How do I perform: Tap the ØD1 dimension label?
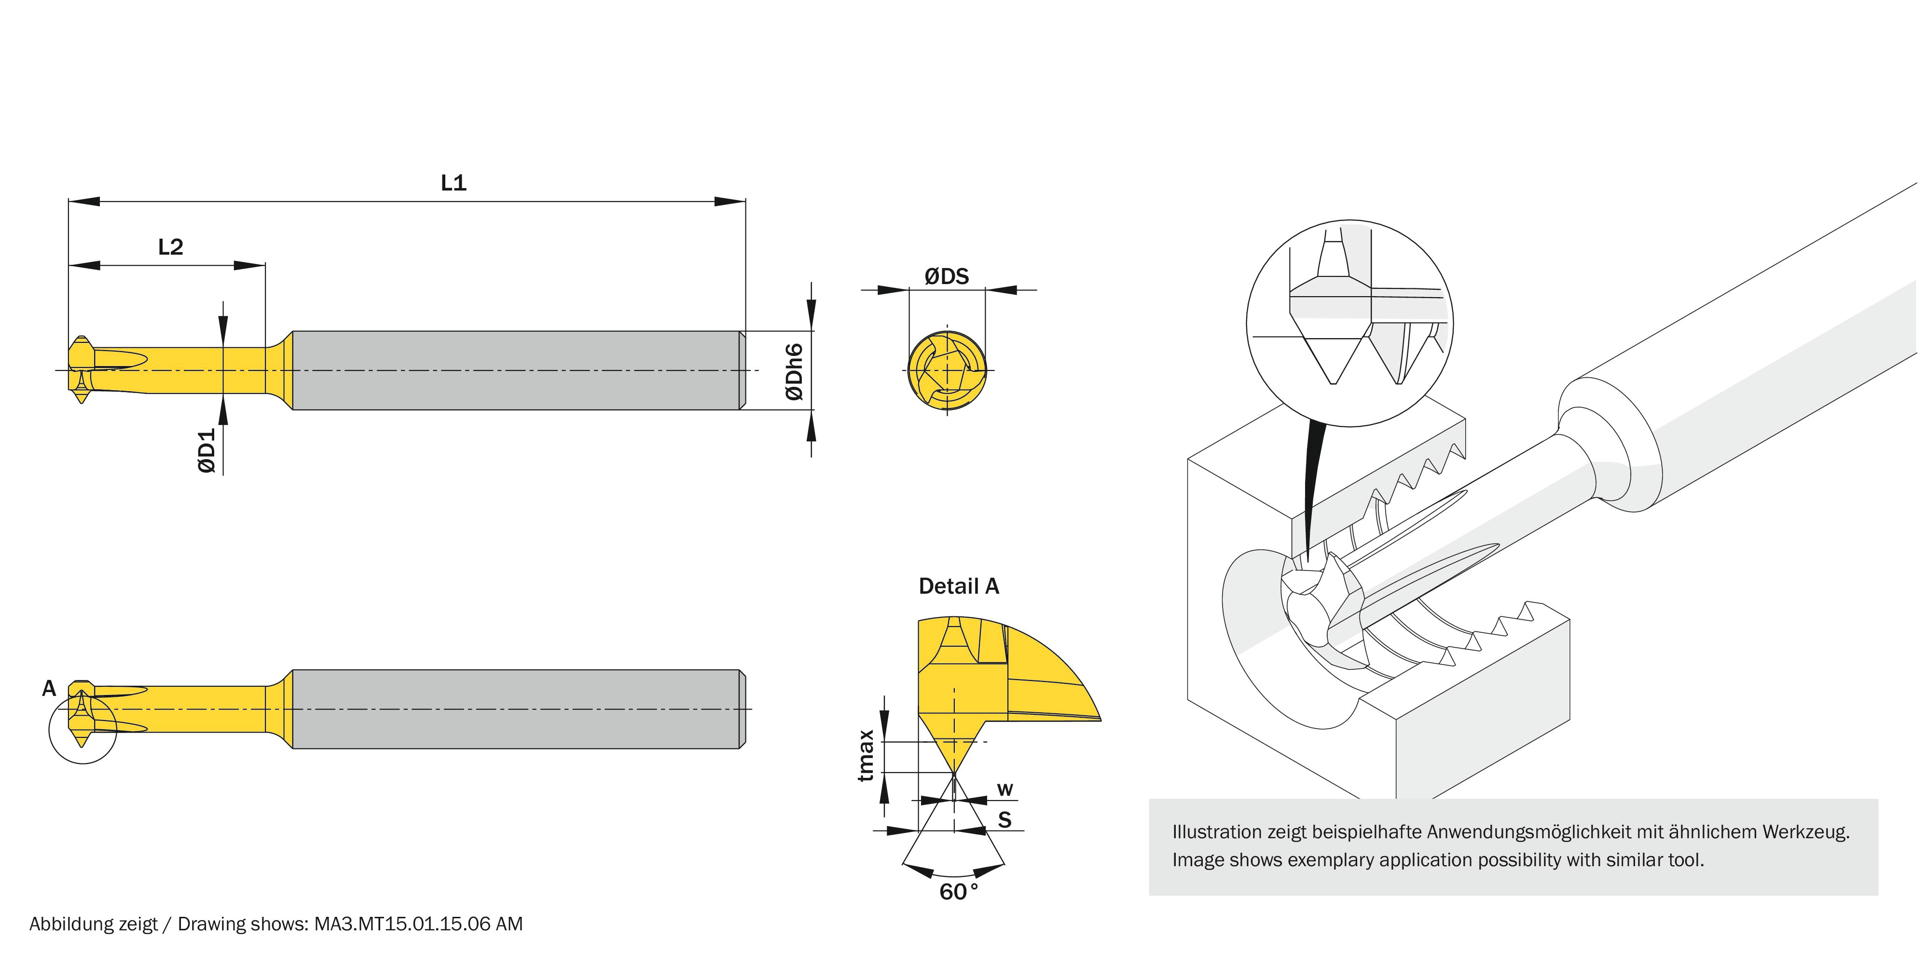point(207,450)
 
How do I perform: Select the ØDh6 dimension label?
point(795,372)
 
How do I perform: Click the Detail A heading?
point(959,586)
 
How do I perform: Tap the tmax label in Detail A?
point(866,756)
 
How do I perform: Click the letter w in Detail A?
point(1005,789)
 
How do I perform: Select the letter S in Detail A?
point(1005,820)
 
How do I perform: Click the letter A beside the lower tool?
point(49,688)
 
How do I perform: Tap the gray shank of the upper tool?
point(516,371)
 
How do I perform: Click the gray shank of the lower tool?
point(516,709)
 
